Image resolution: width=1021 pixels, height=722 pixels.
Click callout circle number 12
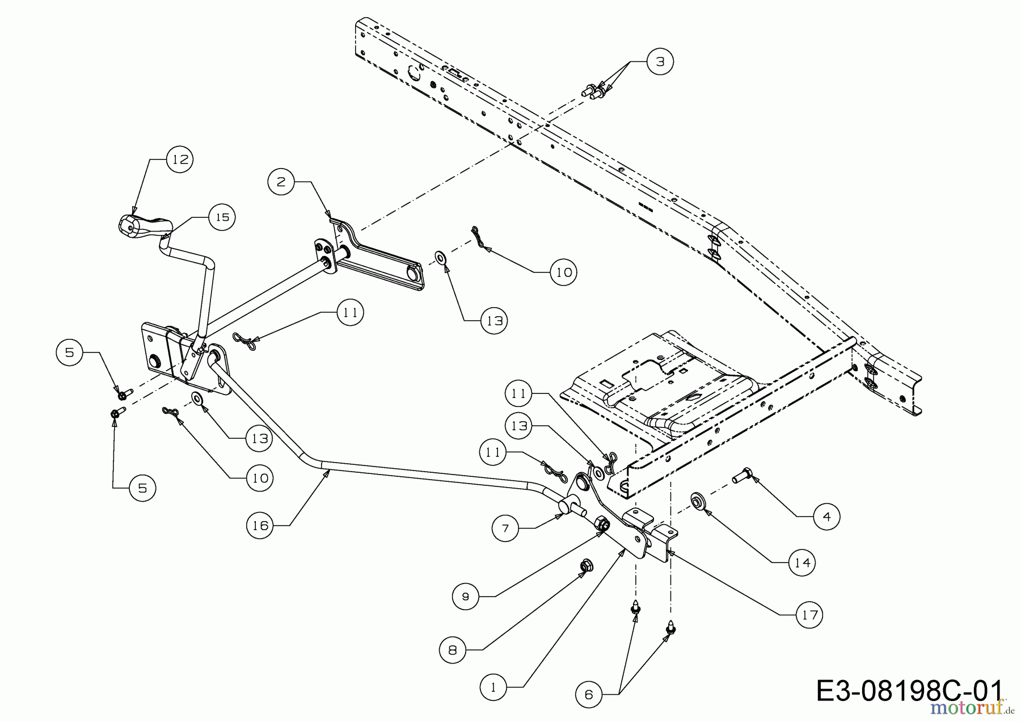180,159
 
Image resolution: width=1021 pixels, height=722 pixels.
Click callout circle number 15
222,217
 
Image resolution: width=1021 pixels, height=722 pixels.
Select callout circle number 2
282,182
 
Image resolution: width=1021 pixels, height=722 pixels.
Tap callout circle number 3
660,61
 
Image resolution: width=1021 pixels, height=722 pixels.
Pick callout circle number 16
260,526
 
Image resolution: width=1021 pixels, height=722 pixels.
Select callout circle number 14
802,563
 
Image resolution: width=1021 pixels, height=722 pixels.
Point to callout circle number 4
826,517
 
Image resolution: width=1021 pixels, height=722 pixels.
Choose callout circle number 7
505,528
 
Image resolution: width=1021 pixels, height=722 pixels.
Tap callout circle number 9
466,596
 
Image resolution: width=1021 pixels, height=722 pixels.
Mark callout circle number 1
493,687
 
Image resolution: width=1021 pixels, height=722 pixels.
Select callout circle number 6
589,694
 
